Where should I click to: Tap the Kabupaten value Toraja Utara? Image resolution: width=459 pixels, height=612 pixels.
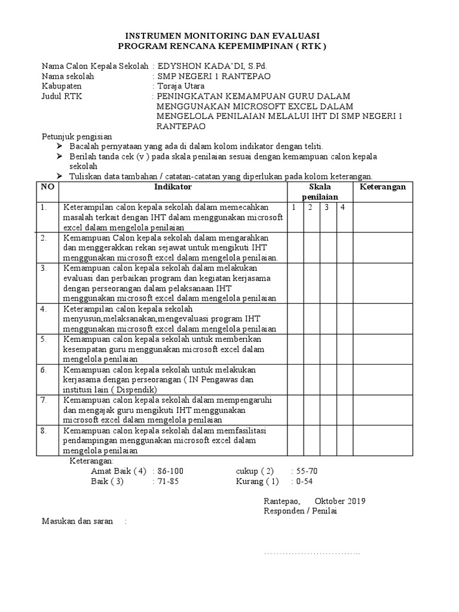click(180, 86)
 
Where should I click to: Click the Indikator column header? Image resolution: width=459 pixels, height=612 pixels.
click(173, 187)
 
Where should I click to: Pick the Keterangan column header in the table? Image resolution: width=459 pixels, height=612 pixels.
click(382, 187)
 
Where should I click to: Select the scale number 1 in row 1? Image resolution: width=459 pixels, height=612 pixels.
click(294, 207)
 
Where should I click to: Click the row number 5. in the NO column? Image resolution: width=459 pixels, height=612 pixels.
click(44, 339)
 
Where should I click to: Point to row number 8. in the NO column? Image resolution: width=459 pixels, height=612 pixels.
click(44, 430)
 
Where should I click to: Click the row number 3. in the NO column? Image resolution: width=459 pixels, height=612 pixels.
click(44, 268)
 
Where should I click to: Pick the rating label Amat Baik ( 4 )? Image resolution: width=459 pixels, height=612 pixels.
click(118, 471)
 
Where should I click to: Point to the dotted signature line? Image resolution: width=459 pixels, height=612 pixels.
click(312, 552)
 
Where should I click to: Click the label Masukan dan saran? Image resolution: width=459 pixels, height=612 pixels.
click(77, 522)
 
